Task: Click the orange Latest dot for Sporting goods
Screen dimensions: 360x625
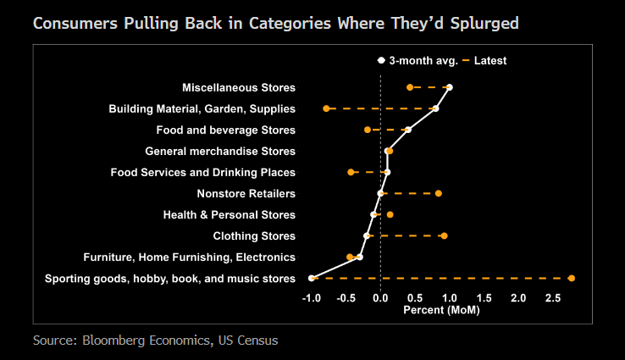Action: pyautogui.click(x=572, y=278)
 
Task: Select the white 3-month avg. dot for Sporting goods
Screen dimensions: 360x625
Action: pyautogui.click(x=312, y=278)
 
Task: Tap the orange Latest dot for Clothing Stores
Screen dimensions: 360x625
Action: pyautogui.click(x=444, y=235)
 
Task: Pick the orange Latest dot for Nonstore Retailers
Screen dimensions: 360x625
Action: pyautogui.click(x=438, y=193)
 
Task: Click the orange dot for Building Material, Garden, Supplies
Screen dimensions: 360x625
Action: pyautogui.click(x=326, y=108)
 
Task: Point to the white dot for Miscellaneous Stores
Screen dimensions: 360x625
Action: pyautogui.click(x=449, y=87)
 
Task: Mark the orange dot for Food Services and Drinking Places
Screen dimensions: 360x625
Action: pyautogui.click(x=351, y=172)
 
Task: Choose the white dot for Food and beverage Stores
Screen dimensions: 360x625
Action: pyautogui.click(x=408, y=130)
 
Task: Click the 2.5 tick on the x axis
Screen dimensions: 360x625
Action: pyautogui.click(x=552, y=297)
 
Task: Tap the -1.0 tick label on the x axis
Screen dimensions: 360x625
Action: pyautogui.click(x=312, y=297)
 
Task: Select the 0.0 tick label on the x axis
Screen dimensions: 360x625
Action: pyautogui.click(x=380, y=297)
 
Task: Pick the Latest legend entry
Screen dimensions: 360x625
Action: pyautogui.click(x=490, y=61)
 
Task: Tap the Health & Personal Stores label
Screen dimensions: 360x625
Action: pyautogui.click(x=229, y=215)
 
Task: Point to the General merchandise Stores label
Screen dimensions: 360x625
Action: pyautogui.click(x=220, y=152)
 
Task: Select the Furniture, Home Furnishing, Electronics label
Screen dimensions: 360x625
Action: pyautogui.click(x=189, y=258)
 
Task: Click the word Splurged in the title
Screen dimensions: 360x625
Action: pyautogui.click(x=478, y=23)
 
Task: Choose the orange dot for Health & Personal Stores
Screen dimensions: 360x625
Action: pyautogui.click(x=390, y=214)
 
